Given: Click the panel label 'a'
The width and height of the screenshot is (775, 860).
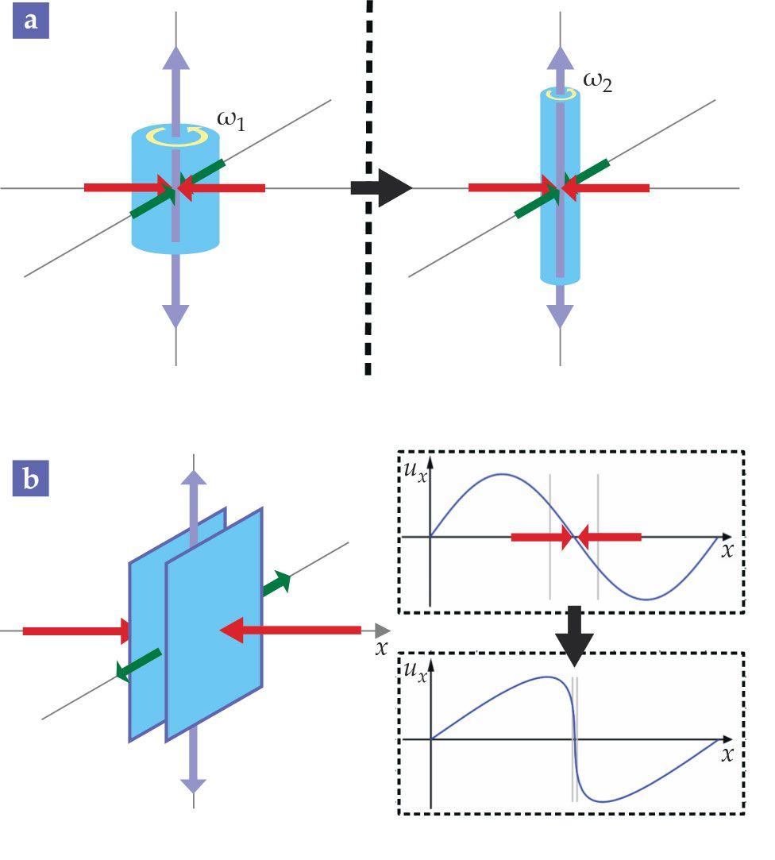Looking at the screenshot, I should (x=31, y=21).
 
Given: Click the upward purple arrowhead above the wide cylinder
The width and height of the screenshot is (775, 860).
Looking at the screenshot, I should (x=176, y=56).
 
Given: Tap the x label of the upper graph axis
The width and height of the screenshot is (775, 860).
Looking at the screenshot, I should (x=727, y=550).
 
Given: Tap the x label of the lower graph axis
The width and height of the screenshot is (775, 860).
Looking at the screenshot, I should (x=727, y=754).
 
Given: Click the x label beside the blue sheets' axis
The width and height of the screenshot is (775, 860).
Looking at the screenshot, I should (x=382, y=647).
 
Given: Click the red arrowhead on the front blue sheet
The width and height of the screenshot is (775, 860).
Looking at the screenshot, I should (x=231, y=631).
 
